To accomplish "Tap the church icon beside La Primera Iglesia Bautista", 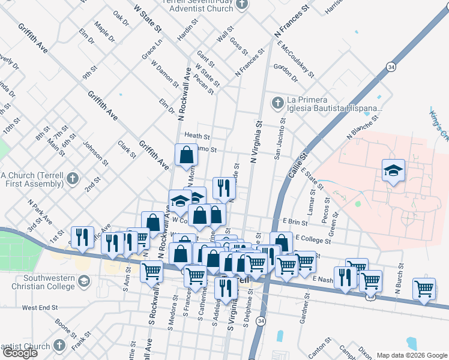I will click(277, 103).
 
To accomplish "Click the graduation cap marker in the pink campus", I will click(393, 171).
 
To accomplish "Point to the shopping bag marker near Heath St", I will click(186, 155).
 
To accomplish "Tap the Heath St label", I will click(197, 136).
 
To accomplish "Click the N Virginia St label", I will click(258, 143).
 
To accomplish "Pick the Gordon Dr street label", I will click(285, 73).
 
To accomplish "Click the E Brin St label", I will click(295, 222).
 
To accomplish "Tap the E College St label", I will click(313, 238).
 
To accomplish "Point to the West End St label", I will click(40, 307).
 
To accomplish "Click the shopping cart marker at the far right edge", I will click(424, 289).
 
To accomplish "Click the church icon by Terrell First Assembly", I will click(71, 178).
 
